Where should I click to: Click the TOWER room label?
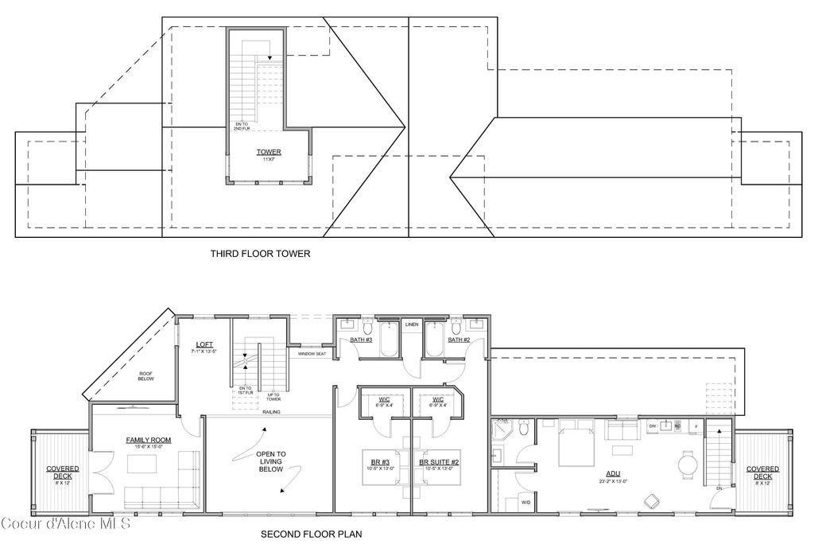[x=268, y=151]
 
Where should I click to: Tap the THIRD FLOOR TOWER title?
[x=260, y=255]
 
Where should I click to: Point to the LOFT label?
[x=204, y=345]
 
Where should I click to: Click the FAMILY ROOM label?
[x=149, y=440]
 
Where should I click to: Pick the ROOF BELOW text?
[x=145, y=376]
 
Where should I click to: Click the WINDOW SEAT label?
[x=312, y=354]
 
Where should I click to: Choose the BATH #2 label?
[x=459, y=340]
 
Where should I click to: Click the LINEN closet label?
[x=412, y=325]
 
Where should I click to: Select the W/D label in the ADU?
[x=525, y=503]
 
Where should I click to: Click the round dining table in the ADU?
[x=688, y=462]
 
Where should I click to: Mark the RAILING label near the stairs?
[x=272, y=412]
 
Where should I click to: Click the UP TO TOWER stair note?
[x=273, y=397]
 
